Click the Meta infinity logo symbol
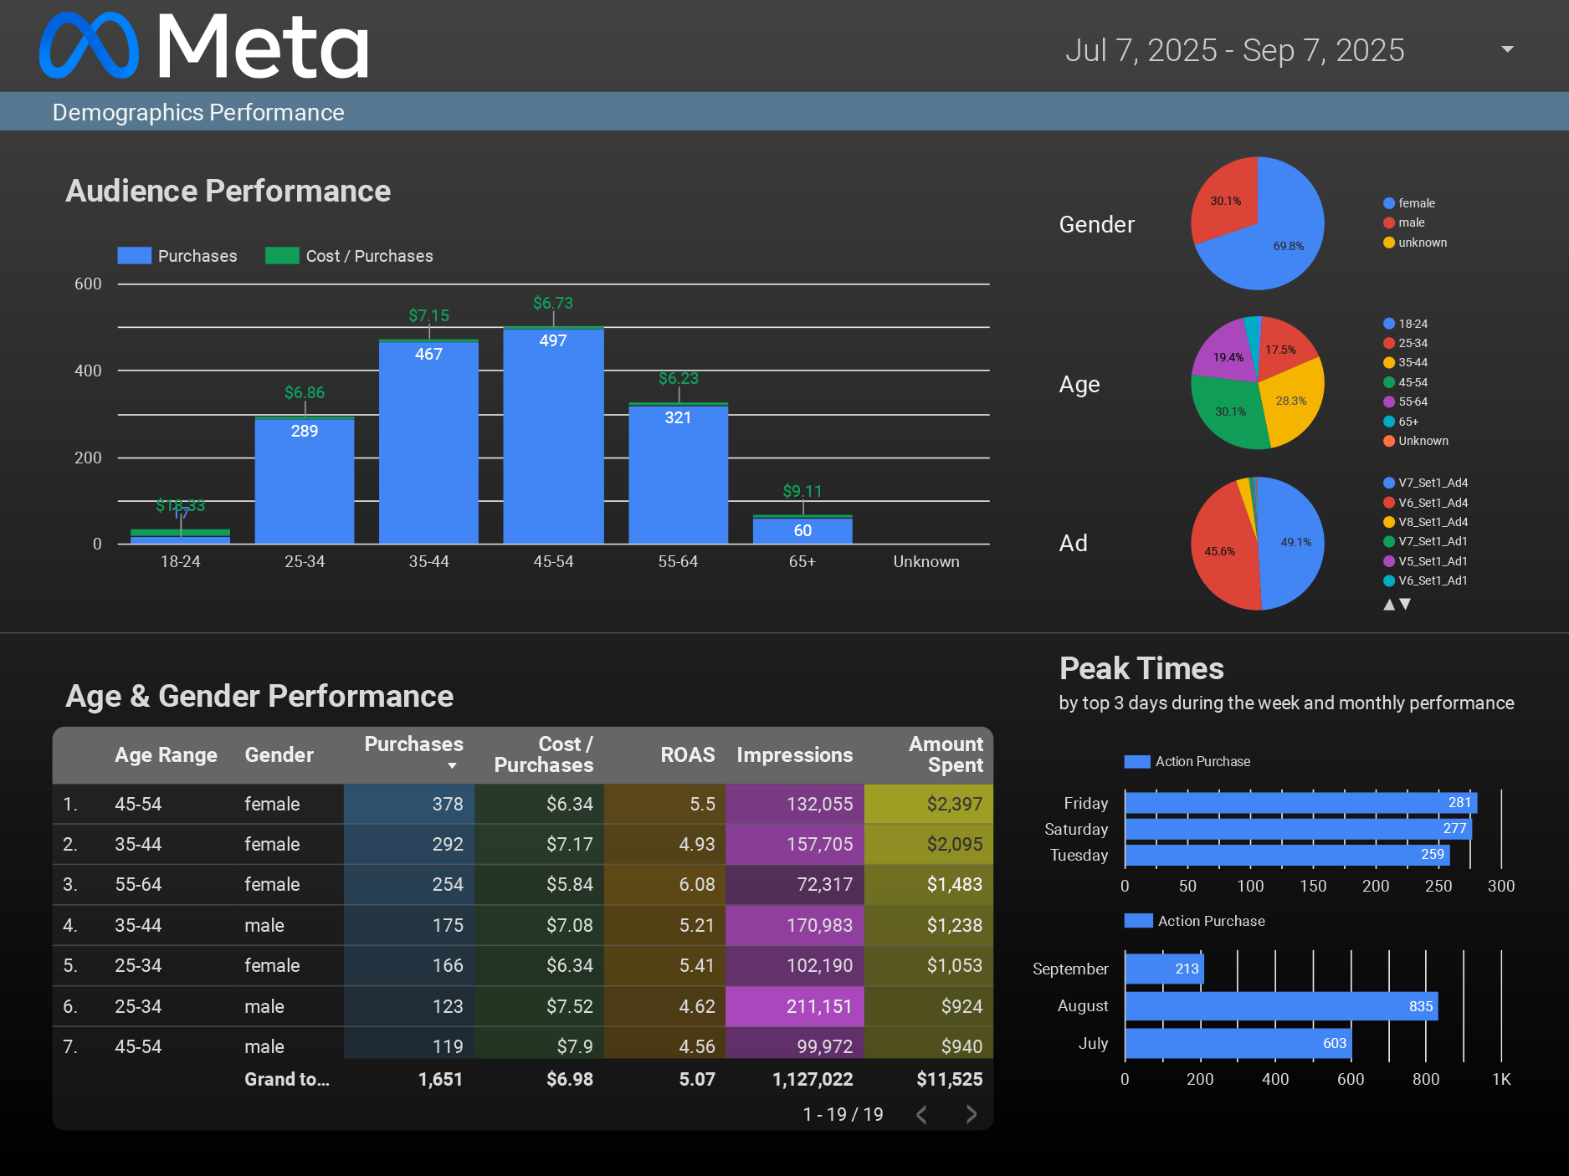click(89, 46)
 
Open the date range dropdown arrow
click(1507, 49)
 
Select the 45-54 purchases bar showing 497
click(553, 435)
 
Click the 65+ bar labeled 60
click(802, 530)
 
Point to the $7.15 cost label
click(428, 315)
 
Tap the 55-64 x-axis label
click(678, 561)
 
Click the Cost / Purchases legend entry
click(350, 256)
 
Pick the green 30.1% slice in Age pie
click(1228, 412)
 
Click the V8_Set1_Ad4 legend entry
click(1432, 522)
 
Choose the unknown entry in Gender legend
click(1422, 243)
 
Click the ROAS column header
click(687, 754)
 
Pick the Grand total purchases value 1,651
click(440, 1079)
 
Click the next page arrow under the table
click(971, 1114)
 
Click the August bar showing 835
click(1280, 1006)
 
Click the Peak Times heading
click(1141, 668)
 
